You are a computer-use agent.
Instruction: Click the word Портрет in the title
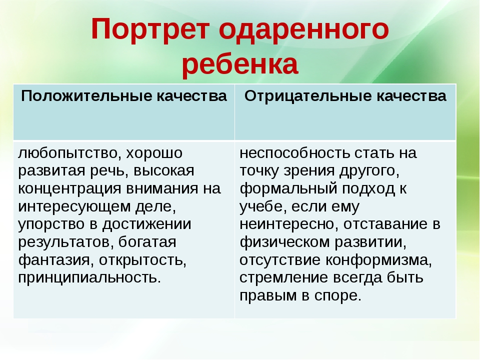pyautogui.click(x=150, y=30)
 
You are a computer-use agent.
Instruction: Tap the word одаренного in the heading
pyautogui.click(x=304, y=30)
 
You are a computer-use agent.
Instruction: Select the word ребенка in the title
pyautogui.click(x=240, y=64)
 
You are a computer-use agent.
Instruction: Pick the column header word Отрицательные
pyautogui.click(x=308, y=96)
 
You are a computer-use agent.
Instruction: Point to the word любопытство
pyautogui.click(x=67, y=153)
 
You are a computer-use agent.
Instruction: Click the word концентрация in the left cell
pyautogui.click(x=70, y=188)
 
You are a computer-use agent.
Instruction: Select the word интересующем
pyautogui.click(x=74, y=206)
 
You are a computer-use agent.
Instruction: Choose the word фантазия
pyautogui.click(x=54, y=260)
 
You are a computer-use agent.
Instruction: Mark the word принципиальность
pyautogui.click(x=89, y=278)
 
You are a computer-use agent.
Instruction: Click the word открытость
pyautogui.click(x=142, y=260)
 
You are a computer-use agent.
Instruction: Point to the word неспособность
pyautogui.click(x=295, y=153)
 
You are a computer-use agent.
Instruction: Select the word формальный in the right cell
pyautogui.click(x=288, y=188)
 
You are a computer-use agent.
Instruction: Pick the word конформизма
pyautogui.click(x=378, y=260)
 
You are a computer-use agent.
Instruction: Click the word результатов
pyautogui.click(x=63, y=242)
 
